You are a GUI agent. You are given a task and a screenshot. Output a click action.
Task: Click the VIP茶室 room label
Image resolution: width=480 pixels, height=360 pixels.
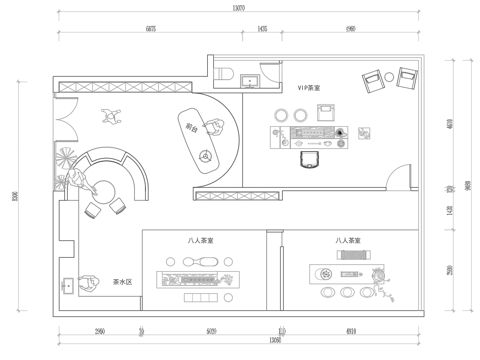click(296, 89)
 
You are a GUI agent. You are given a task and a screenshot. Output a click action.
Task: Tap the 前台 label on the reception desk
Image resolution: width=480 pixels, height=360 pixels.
click(190, 125)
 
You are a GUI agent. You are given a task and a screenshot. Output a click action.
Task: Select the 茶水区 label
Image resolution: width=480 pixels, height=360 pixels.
click(122, 283)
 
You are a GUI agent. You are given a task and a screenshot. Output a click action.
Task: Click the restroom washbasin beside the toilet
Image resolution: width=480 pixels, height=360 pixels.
click(249, 80)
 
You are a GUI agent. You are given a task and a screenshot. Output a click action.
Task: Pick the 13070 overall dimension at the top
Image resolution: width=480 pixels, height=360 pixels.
click(238, 8)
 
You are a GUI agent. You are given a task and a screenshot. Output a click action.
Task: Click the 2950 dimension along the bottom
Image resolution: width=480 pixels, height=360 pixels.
click(100, 329)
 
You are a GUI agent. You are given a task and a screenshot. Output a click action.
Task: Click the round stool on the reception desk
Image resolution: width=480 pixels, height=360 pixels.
click(205, 155)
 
